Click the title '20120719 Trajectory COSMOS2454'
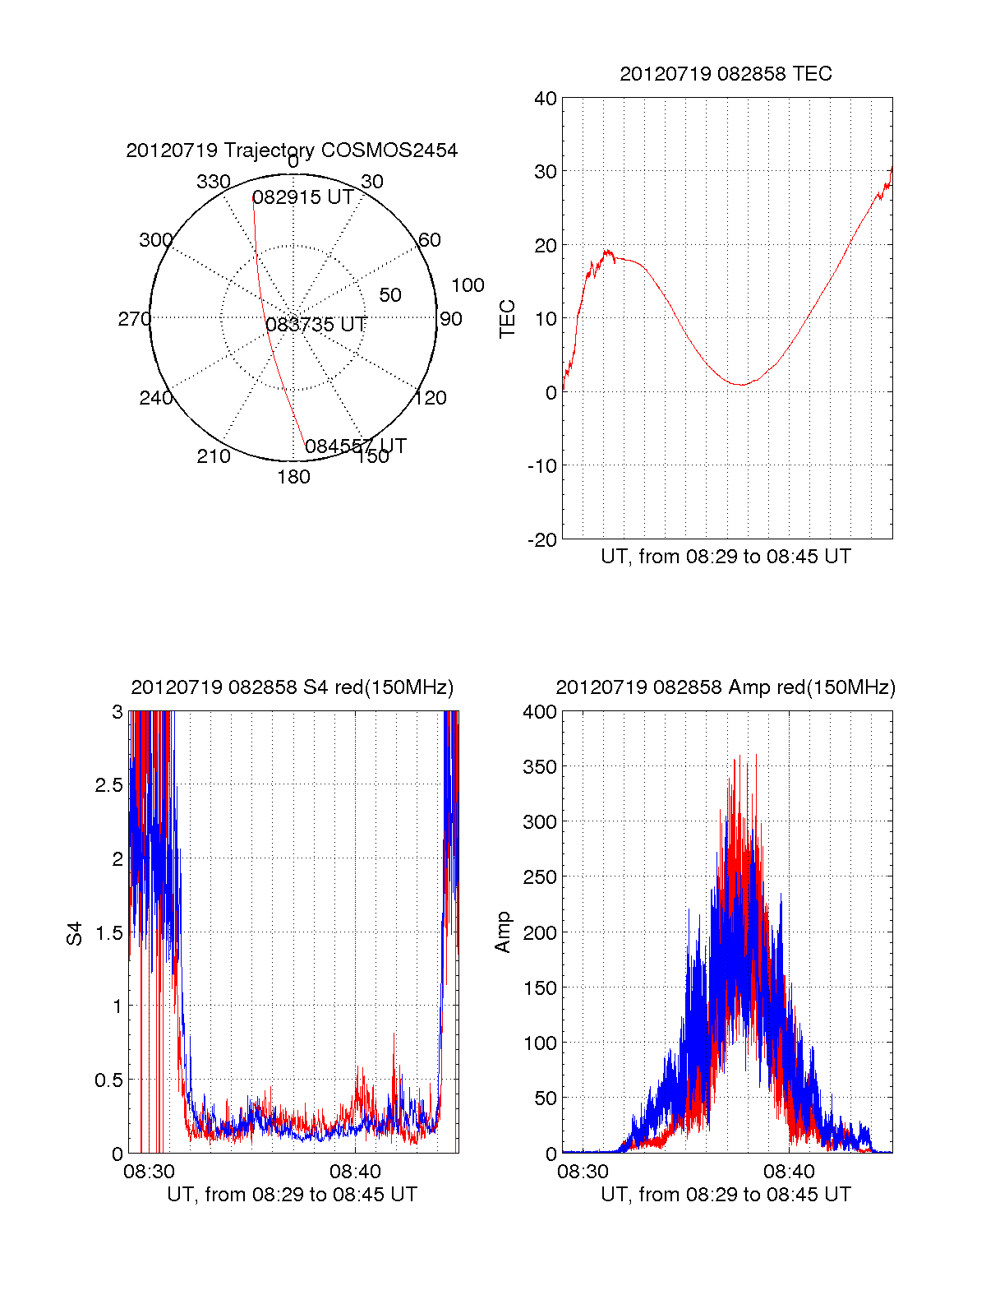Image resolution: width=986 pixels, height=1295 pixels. [x=292, y=150]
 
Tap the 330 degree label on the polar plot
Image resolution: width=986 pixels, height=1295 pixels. [x=213, y=182]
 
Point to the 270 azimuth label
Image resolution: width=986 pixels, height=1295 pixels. [x=134, y=319]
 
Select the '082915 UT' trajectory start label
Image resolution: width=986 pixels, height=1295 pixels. [x=302, y=197]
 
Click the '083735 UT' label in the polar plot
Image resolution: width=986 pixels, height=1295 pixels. [x=316, y=325]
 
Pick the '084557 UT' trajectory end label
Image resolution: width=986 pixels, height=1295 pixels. [x=356, y=446]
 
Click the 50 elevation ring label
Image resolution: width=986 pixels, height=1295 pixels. [x=390, y=295]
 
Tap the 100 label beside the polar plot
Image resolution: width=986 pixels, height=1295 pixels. [x=468, y=285]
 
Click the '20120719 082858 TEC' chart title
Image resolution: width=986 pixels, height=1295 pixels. [x=726, y=74]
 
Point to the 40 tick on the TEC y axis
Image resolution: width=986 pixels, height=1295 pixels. [x=546, y=99]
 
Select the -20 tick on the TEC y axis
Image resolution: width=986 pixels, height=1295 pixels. [x=541, y=540]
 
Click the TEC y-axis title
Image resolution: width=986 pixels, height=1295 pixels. [x=508, y=319]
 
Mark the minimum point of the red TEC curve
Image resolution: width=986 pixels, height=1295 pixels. [x=741, y=385]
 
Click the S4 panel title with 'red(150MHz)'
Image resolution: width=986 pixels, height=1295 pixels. [x=292, y=687]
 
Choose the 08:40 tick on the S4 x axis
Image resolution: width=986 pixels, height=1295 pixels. [x=355, y=1171]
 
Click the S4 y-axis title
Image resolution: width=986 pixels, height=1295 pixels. [x=75, y=933]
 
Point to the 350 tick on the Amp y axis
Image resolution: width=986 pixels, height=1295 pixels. [x=540, y=767]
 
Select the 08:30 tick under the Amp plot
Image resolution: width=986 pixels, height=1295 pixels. [x=583, y=1171]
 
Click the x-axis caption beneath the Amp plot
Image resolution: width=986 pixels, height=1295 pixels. [x=726, y=1195]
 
